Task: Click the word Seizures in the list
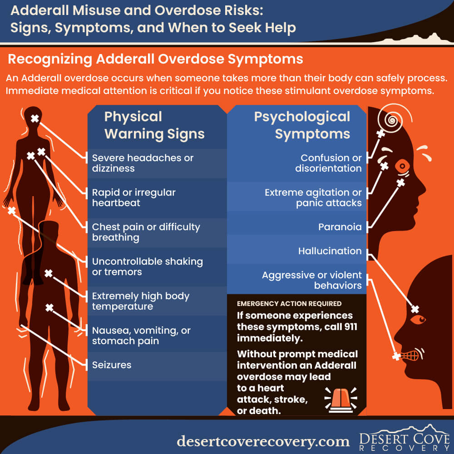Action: coord(112,365)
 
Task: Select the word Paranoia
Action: coord(340,227)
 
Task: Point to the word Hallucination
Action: coord(330,251)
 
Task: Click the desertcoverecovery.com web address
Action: coord(263,441)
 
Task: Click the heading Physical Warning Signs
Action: coord(154,125)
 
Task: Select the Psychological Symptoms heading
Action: coord(302,125)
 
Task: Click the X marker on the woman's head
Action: coord(35,118)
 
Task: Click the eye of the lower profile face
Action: coord(418,320)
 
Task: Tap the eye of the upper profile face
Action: coord(402,166)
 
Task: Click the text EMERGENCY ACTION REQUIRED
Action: coord(289,303)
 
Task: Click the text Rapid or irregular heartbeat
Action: coord(134,197)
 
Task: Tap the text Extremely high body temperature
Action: coord(141,301)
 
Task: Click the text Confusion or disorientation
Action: coord(328,163)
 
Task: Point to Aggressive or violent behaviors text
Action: coord(312,280)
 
